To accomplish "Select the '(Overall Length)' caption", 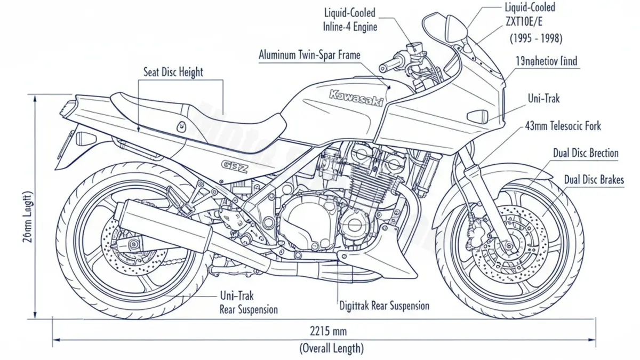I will tap(331, 349).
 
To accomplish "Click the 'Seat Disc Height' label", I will tap(173, 72).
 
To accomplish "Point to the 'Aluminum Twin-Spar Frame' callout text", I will tap(309, 55).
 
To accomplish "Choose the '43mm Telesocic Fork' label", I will tap(562, 126).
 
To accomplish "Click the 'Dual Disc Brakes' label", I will tap(594, 180).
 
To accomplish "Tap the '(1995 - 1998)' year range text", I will tap(535, 38).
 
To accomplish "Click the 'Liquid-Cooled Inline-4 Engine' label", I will tap(350, 19).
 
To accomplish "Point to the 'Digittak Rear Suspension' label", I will tap(384, 306).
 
